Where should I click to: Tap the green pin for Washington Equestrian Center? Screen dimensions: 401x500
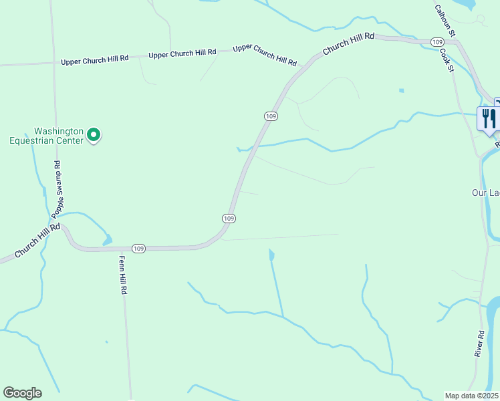94,135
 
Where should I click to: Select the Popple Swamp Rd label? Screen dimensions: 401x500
57,190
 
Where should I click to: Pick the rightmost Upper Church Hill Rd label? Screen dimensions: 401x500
265,55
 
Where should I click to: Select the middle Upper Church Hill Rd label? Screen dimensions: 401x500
182,53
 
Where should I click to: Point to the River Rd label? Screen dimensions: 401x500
479,343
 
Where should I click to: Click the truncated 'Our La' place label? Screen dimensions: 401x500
485,192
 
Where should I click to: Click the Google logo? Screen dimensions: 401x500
22,393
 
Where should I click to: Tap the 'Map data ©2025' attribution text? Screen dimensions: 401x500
471,395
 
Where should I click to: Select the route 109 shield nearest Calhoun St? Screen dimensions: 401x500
438,42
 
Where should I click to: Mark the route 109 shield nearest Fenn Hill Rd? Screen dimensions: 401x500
138,249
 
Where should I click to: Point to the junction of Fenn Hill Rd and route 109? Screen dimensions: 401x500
122,249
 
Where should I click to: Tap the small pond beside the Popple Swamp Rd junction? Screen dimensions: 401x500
106,239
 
